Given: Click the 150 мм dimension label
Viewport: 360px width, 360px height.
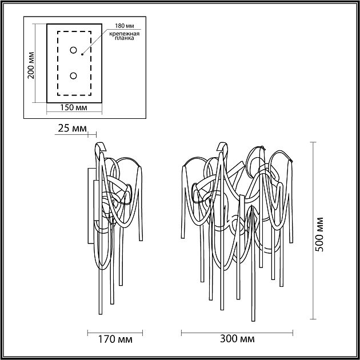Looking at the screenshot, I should click(x=74, y=107).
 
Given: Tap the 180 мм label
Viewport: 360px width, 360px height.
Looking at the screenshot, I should click(x=123, y=26).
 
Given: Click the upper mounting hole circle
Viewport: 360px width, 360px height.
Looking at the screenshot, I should click(x=74, y=50).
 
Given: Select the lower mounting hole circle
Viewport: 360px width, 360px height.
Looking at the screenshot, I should click(x=74, y=75).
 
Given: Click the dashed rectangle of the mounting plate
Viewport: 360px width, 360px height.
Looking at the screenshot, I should click(x=58, y=63).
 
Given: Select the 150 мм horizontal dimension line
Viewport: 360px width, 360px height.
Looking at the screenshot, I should click(x=74, y=112).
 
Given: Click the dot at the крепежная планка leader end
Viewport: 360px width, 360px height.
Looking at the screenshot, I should click(x=82, y=55).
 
